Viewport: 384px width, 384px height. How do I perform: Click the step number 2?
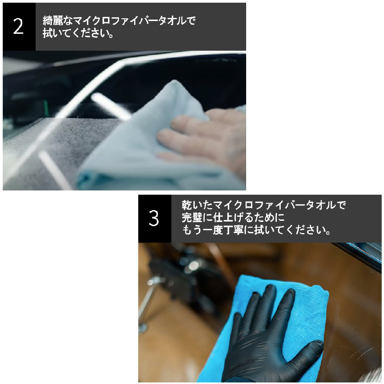(x=18, y=26)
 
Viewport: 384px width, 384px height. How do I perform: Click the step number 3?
(x=154, y=218)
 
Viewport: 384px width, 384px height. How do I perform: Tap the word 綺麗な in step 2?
(x=58, y=21)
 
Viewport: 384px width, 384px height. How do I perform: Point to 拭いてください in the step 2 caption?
(x=75, y=33)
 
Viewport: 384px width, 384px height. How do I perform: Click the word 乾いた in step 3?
(x=197, y=205)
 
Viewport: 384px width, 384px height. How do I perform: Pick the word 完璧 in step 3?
(x=192, y=217)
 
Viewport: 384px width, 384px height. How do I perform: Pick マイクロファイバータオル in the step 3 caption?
(x=274, y=205)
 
